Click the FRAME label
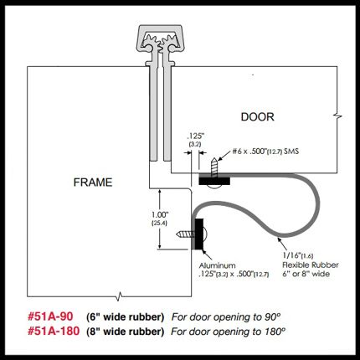coord(93,183)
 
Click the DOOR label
coord(257,116)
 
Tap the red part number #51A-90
coord(50,316)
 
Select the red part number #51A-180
coord(54,332)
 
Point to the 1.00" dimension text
coord(160,215)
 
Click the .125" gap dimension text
coord(195,136)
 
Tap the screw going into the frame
coord(184,234)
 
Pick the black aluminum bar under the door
coord(214,181)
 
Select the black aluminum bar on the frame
coord(199,234)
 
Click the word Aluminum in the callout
coord(218,265)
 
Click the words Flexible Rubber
coord(311,265)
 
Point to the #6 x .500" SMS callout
coord(265,152)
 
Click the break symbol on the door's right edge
coord(337,116)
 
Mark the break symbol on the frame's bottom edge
coord(119,296)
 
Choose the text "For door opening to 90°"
coord(226,317)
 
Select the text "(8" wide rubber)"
coord(125,332)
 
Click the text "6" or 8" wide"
coord(306,274)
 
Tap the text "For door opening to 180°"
coord(229,332)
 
